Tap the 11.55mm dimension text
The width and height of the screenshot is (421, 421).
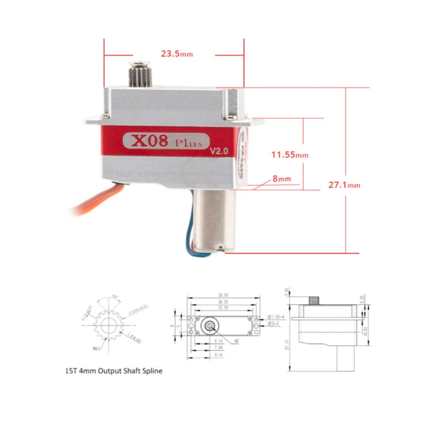click(289, 155)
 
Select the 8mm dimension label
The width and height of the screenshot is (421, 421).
click(282, 179)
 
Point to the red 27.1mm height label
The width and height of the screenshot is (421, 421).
click(345, 185)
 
